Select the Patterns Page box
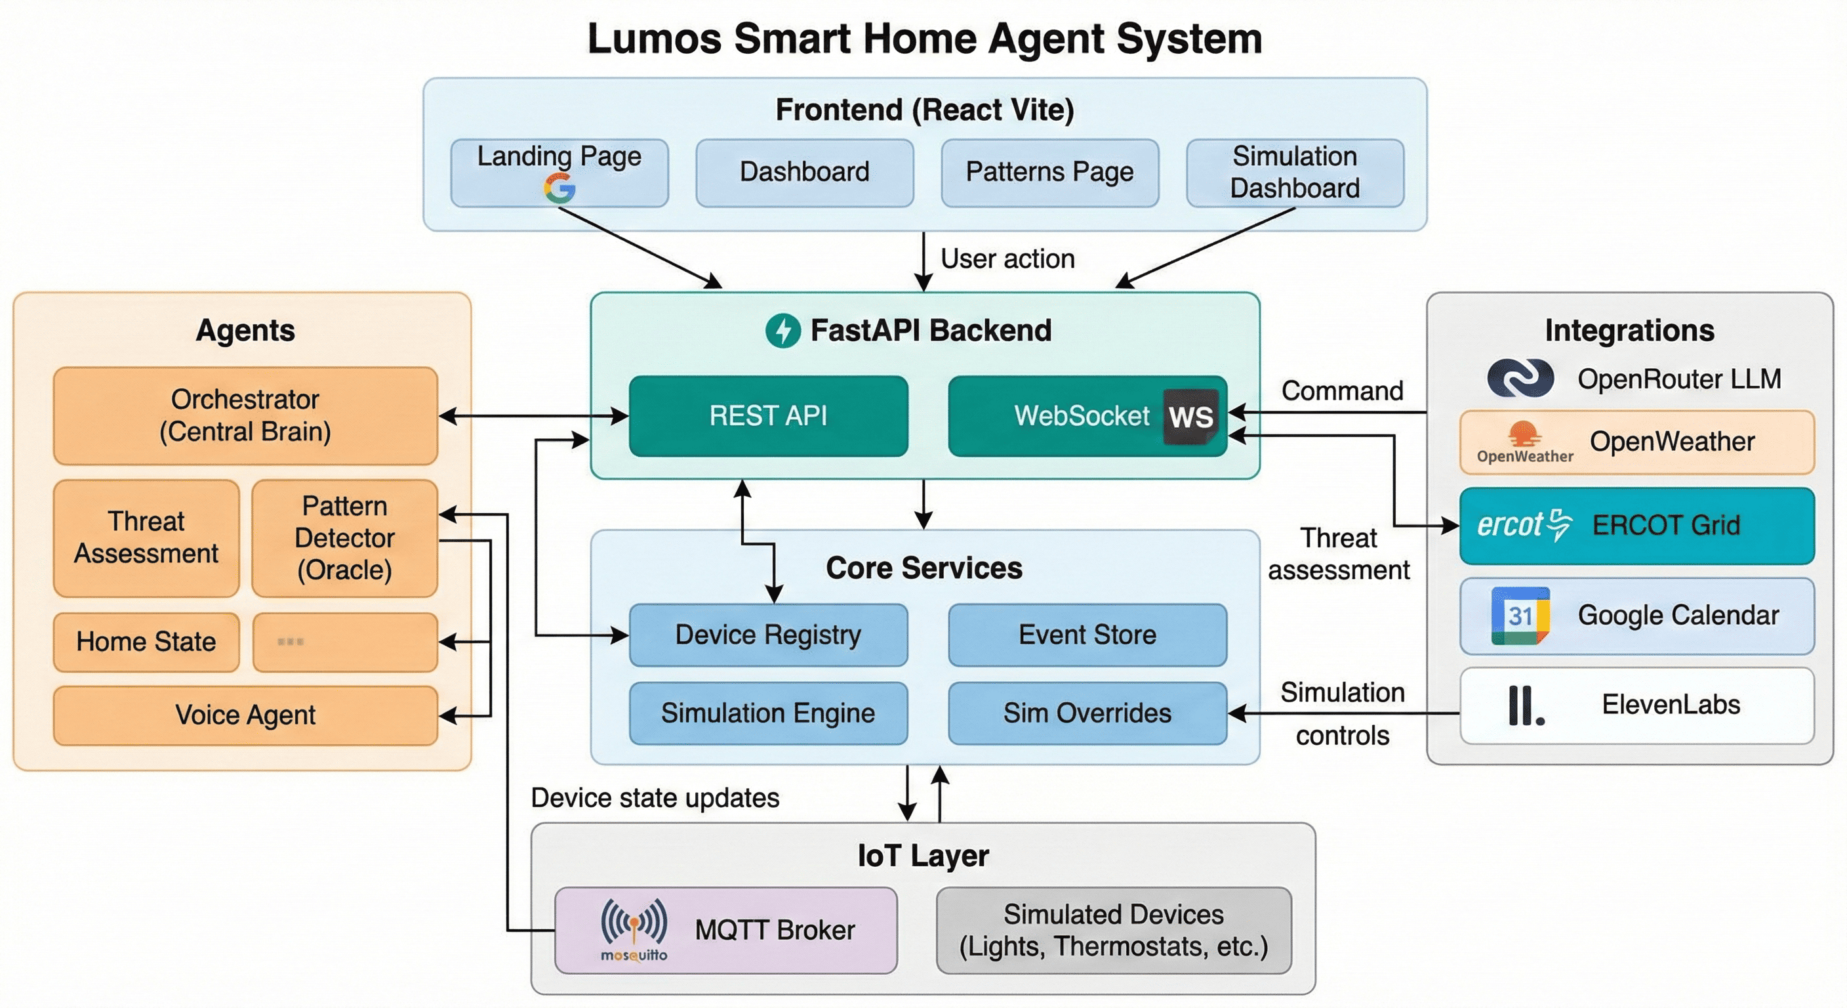click(1049, 173)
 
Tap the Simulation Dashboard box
click(1295, 173)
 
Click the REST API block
click(768, 416)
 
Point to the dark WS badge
click(1191, 416)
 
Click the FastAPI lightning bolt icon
click(783, 331)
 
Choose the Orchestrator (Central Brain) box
click(245, 416)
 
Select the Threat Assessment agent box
click(146, 538)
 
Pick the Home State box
click(146, 642)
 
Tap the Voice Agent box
click(245, 715)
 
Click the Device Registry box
click(768, 635)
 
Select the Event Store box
click(1087, 635)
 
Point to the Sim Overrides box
click(1087, 713)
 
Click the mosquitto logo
click(634, 929)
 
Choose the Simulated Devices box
click(1114, 931)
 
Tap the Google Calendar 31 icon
click(1520, 616)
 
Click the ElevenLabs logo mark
click(1526, 705)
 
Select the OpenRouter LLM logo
click(1520, 378)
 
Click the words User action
click(1007, 259)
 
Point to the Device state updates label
click(655, 799)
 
